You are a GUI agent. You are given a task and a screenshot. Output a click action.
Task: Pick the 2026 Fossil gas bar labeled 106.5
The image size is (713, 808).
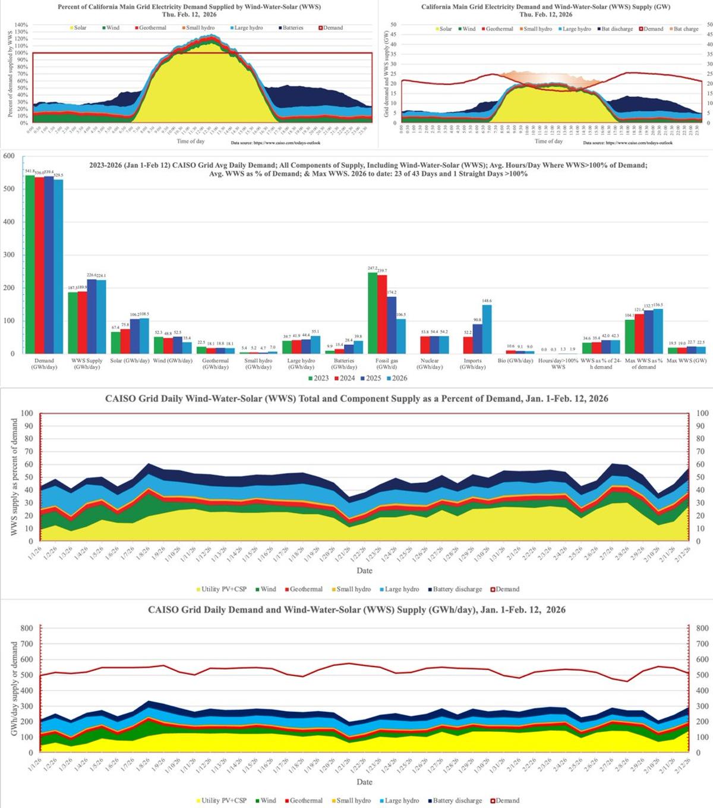pyautogui.click(x=401, y=336)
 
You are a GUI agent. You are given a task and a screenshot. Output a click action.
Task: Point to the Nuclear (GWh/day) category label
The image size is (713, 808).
pyautogui.click(x=430, y=364)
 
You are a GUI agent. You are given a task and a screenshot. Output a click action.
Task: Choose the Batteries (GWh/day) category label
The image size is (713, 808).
pyautogui.click(x=344, y=364)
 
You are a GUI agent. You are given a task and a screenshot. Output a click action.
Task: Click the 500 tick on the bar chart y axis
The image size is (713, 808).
pyautogui.click(x=9, y=189)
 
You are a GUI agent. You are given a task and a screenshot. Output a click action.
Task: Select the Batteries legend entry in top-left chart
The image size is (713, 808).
pyautogui.click(x=291, y=28)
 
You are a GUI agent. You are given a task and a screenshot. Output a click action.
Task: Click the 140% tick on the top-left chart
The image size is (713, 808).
pyautogui.click(x=21, y=25)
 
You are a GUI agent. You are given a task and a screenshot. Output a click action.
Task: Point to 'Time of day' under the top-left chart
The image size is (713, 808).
pyautogui.click(x=191, y=142)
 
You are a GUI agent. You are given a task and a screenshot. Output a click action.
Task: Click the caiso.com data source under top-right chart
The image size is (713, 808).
pyautogui.click(x=627, y=143)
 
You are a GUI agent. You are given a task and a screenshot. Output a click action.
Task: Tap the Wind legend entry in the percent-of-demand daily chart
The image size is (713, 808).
pyautogui.click(x=266, y=589)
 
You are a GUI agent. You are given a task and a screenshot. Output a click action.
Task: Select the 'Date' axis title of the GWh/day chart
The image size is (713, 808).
pyautogui.click(x=364, y=782)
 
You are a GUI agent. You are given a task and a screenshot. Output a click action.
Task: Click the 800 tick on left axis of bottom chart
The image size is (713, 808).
pyautogui.click(x=27, y=628)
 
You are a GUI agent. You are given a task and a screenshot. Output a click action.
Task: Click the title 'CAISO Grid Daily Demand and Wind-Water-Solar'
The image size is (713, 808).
pyautogui.click(x=356, y=609)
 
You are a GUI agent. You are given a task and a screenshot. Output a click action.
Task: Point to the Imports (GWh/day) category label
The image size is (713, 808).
pyautogui.click(x=472, y=364)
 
